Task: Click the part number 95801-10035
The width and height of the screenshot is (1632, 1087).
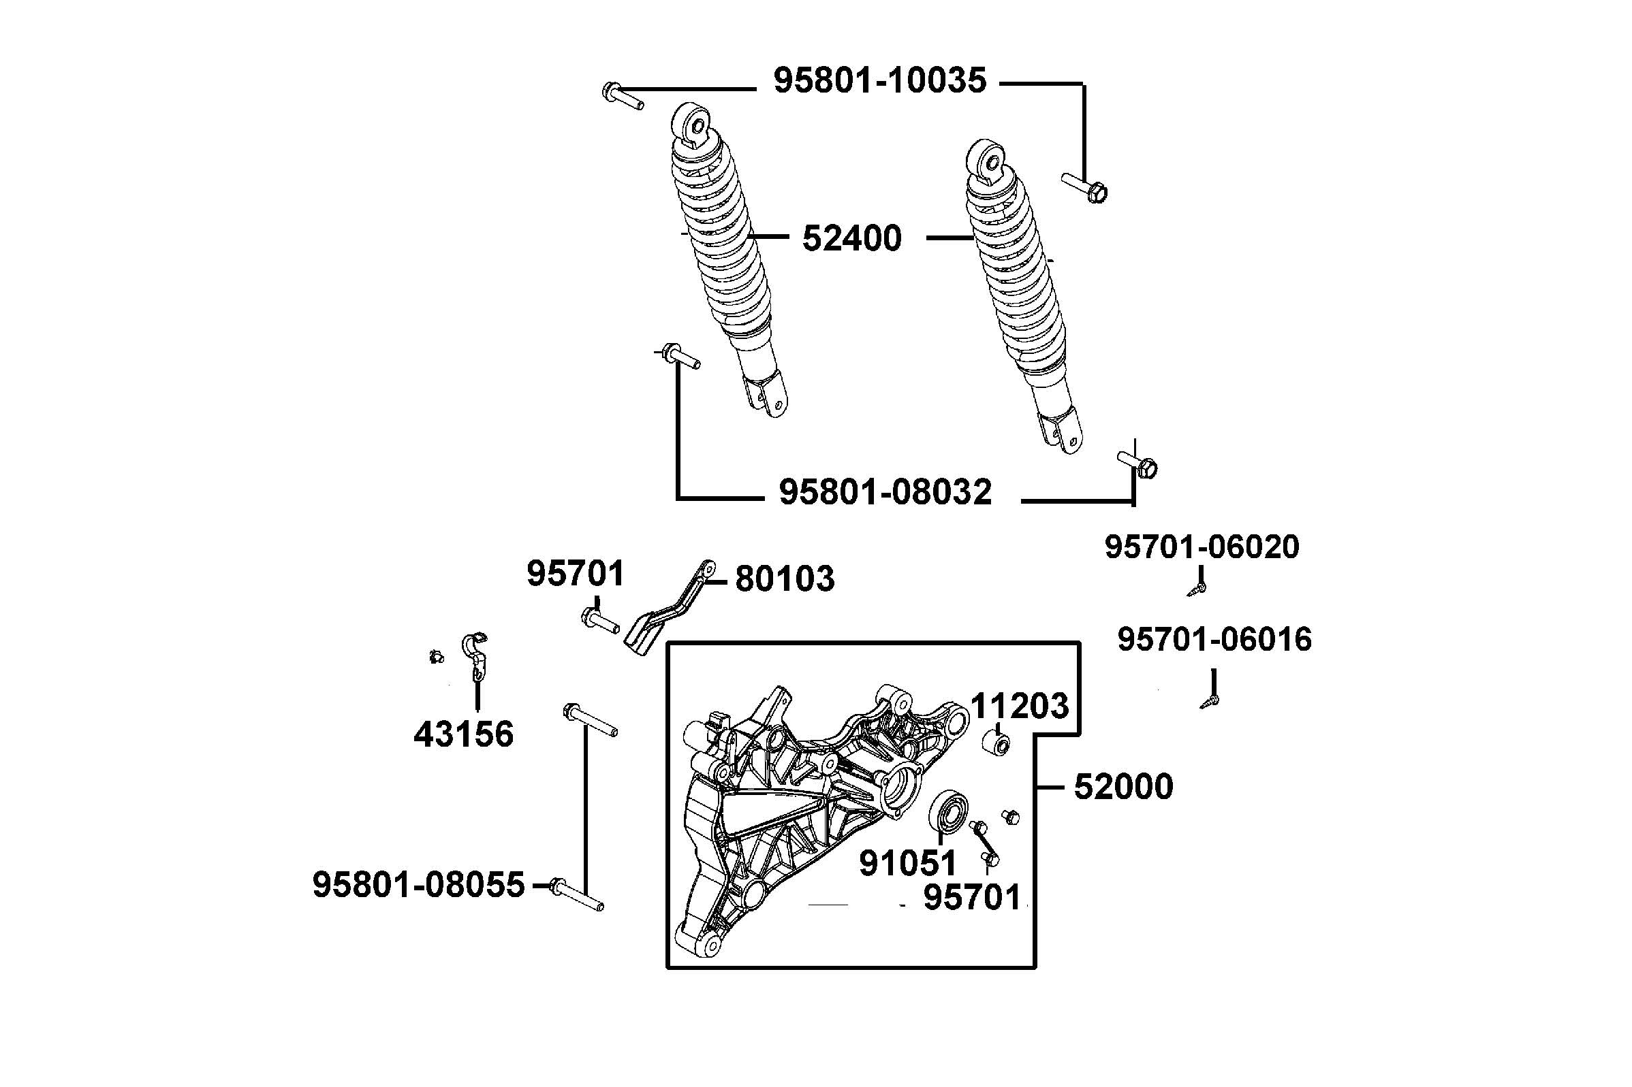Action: (879, 80)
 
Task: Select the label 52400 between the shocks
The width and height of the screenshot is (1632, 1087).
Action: (851, 238)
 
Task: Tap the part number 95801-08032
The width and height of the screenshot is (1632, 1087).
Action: (885, 492)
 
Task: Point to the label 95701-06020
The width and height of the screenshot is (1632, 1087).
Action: (1202, 547)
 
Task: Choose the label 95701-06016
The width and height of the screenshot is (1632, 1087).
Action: (1214, 639)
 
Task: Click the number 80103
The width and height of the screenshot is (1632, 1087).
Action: (785, 579)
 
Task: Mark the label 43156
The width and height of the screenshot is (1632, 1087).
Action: (463, 734)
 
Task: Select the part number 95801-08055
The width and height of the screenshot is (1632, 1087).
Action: (418, 886)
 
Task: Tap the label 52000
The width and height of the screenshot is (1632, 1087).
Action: (1123, 788)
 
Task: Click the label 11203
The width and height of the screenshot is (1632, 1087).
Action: (1019, 707)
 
